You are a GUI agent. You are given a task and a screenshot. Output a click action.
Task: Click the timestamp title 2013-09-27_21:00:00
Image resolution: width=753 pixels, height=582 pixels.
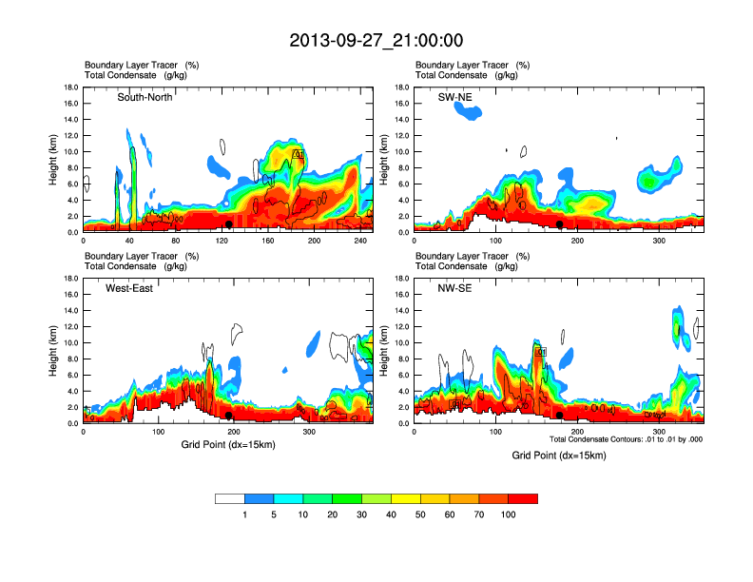(376, 41)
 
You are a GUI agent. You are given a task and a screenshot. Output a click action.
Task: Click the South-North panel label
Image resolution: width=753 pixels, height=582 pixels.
(145, 97)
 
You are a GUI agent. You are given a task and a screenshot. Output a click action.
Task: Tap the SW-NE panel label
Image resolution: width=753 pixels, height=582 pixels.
(454, 97)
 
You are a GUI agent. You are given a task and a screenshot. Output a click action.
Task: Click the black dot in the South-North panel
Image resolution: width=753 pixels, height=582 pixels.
(229, 223)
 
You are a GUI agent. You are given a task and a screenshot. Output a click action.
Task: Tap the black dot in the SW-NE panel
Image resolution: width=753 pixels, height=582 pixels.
(560, 224)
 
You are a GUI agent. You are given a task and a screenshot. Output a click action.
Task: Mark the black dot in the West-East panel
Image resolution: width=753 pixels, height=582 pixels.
(229, 416)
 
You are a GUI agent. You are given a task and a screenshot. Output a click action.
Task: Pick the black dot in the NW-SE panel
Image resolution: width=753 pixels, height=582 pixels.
(560, 416)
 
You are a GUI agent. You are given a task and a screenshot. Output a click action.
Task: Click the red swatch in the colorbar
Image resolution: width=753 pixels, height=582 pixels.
(523, 498)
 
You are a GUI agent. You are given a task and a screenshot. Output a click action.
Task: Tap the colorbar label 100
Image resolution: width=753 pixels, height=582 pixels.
(509, 514)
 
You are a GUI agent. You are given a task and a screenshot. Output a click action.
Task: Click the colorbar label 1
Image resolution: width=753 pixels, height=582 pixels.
(245, 514)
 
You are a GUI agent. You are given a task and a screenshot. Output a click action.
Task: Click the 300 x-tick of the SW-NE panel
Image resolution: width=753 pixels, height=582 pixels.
(659, 241)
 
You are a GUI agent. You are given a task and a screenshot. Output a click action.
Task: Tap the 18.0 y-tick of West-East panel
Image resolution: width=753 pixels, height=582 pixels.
(70, 279)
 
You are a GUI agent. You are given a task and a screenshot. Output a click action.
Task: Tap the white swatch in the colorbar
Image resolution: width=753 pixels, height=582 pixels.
(230, 498)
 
